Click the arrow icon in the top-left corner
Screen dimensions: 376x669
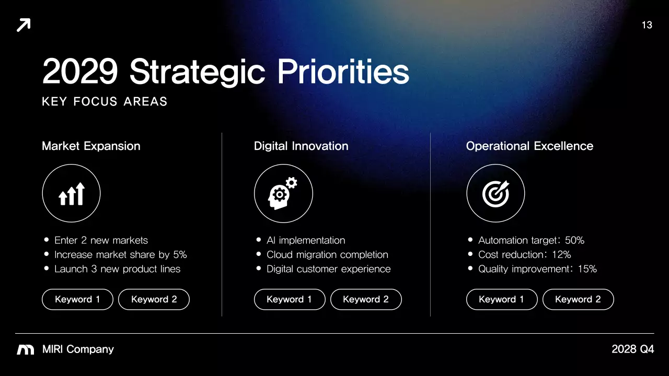click(24, 25)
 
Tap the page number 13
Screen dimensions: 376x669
click(647, 25)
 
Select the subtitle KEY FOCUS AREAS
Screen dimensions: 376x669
click(105, 101)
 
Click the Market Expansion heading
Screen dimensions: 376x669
click(91, 146)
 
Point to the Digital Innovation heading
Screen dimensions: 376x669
click(301, 146)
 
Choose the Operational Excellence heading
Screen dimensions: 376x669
click(529, 146)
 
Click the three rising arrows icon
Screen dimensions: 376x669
click(71, 194)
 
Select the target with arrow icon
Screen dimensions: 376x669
click(495, 194)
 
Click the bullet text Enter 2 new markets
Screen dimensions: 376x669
click(101, 240)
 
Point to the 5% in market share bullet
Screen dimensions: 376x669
click(180, 255)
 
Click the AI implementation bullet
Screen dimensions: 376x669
click(306, 240)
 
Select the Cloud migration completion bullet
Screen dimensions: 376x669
click(327, 255)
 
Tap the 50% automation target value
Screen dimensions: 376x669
click(574, 240)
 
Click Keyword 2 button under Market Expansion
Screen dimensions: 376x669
click(154, 299)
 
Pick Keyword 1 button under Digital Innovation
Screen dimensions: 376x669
click(290, 299)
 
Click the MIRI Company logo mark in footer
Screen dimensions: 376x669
click(26, 349)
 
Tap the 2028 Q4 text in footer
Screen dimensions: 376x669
click(632, 349)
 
